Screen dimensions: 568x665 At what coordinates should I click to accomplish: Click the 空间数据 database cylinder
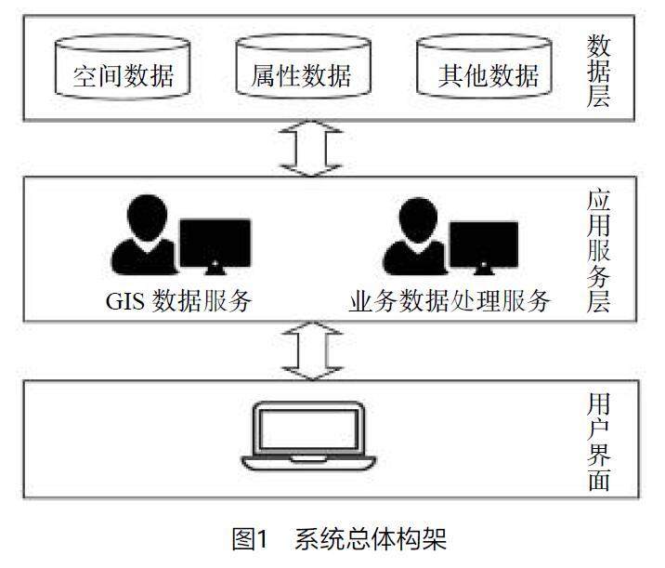(124, 68)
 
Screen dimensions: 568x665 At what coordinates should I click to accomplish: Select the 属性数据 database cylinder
(301, 68)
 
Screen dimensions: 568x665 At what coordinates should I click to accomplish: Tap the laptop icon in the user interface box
(308, 437)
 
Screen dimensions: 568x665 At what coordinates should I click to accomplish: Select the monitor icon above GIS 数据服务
(215, 246)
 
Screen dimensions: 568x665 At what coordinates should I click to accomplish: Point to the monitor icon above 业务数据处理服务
(483, 246)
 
